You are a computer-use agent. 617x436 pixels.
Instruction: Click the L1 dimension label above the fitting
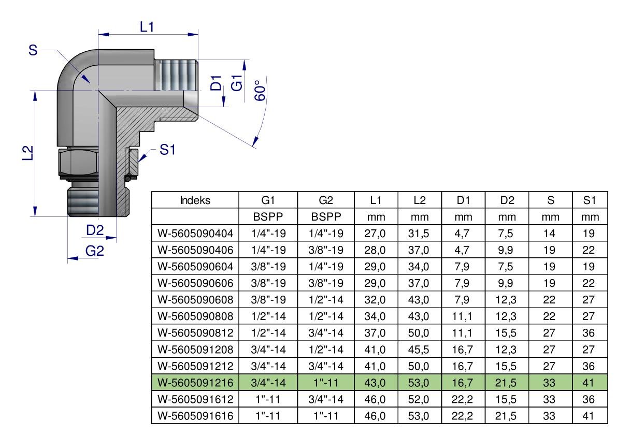click(x=147, y=27)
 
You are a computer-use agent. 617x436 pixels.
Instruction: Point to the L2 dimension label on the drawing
click(x=27, y=153)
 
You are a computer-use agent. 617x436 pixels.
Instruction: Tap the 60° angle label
click(x=260, y=91)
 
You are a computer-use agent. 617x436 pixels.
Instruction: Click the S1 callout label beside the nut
click(x=167, y=150)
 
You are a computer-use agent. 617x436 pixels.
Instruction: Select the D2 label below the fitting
click(x=95, y=230)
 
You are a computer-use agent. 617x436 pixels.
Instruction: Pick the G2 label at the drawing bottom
click(x=94, y=251)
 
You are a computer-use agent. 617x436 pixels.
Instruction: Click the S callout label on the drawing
click(x=33, y=50)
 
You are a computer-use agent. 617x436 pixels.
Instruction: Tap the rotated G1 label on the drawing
click(x=237, y=82)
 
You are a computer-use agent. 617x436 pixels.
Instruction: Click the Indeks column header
click(x=195, y=200)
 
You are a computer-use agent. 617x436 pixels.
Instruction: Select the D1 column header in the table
click(x=463, y=200)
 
